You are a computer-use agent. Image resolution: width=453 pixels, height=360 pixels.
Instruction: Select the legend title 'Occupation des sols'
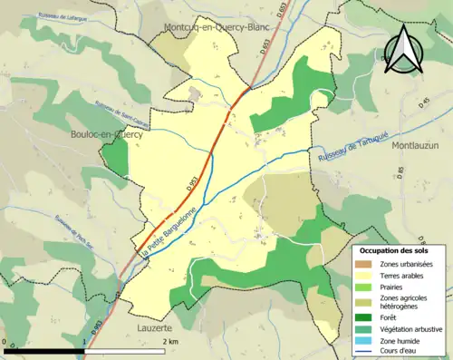click(x=396, y=250)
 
